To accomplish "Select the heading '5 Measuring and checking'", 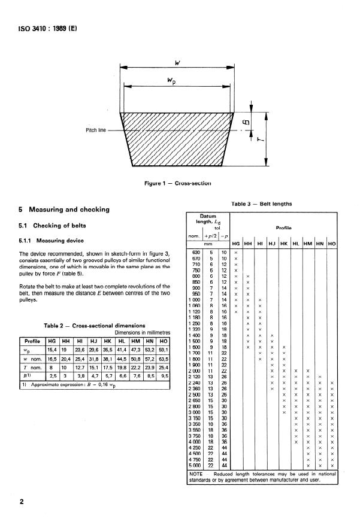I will click(66, 210).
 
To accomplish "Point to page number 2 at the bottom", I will click(22, 502).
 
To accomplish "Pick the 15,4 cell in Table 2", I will click(52, 349).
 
